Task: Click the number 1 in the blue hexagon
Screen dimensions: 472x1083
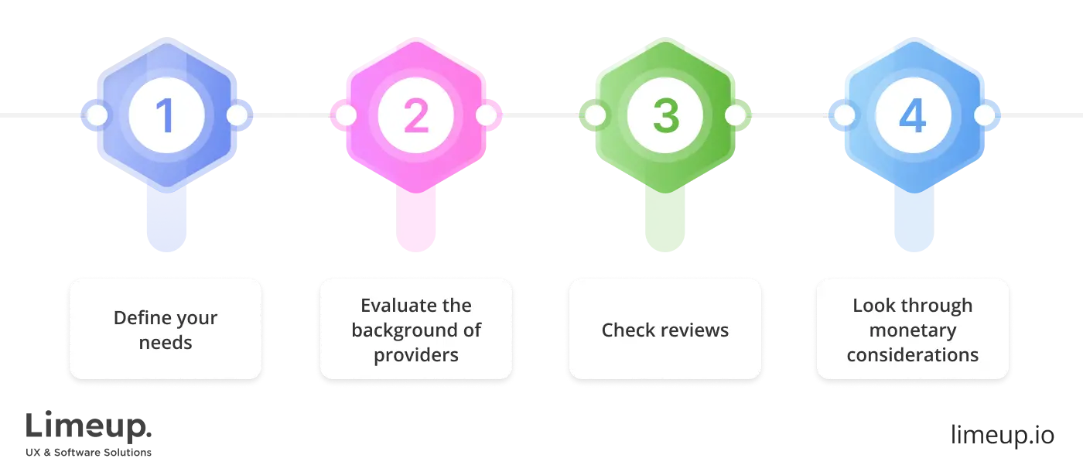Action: click(166, 116)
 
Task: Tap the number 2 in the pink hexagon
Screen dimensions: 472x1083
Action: click(415, 116)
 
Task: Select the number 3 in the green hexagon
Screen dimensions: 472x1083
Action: click(664, 116)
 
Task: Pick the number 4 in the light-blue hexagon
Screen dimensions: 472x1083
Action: click(913, 116)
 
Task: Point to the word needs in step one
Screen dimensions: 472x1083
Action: click(166, 343)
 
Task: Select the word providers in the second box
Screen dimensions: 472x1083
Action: click(416, 355)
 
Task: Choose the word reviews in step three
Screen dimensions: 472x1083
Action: click(692, 330)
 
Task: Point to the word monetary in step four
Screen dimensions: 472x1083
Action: click(913, 330)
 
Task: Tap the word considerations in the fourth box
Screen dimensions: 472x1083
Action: click(913, 355)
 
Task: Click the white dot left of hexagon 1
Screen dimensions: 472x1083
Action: click(97, 116)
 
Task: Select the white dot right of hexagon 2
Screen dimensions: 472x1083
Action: click(486, 116)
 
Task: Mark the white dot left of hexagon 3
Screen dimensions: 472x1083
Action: click(595, 116)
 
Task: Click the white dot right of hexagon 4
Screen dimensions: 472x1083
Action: click(984, 116)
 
